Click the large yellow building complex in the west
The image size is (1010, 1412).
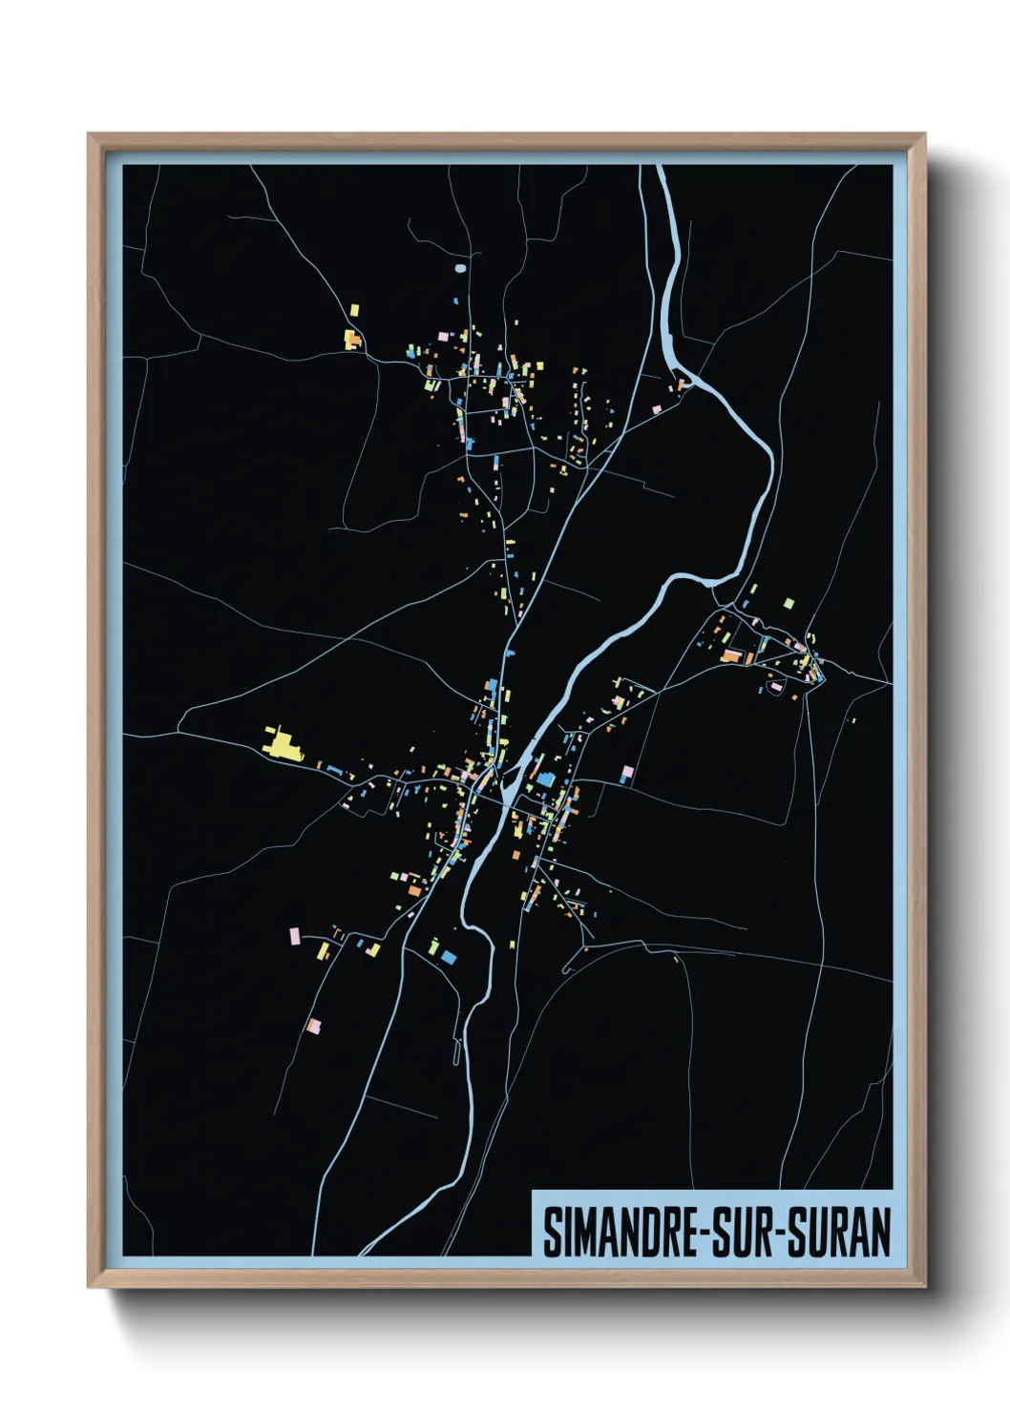[x=282, y=744]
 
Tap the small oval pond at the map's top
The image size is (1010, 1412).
[x=461, y=268]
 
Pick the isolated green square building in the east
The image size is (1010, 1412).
[x=789, y=603]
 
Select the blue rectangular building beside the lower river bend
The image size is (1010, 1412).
[x=448, y=956]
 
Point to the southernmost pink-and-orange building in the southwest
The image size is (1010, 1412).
[x=312, y=1027]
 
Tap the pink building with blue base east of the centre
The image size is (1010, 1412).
[x=627, y=773]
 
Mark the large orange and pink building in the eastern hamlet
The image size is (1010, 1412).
[x=732, y=654]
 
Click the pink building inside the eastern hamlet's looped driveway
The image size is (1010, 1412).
[x=776, y=686]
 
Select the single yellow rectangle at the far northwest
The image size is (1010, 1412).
[x=354, y=310]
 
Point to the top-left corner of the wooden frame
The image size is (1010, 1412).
[x=89, y=135]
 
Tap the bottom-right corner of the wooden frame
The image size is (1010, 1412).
[x=924, y=1287]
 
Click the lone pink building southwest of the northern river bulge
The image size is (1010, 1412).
[x=656, y=409]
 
